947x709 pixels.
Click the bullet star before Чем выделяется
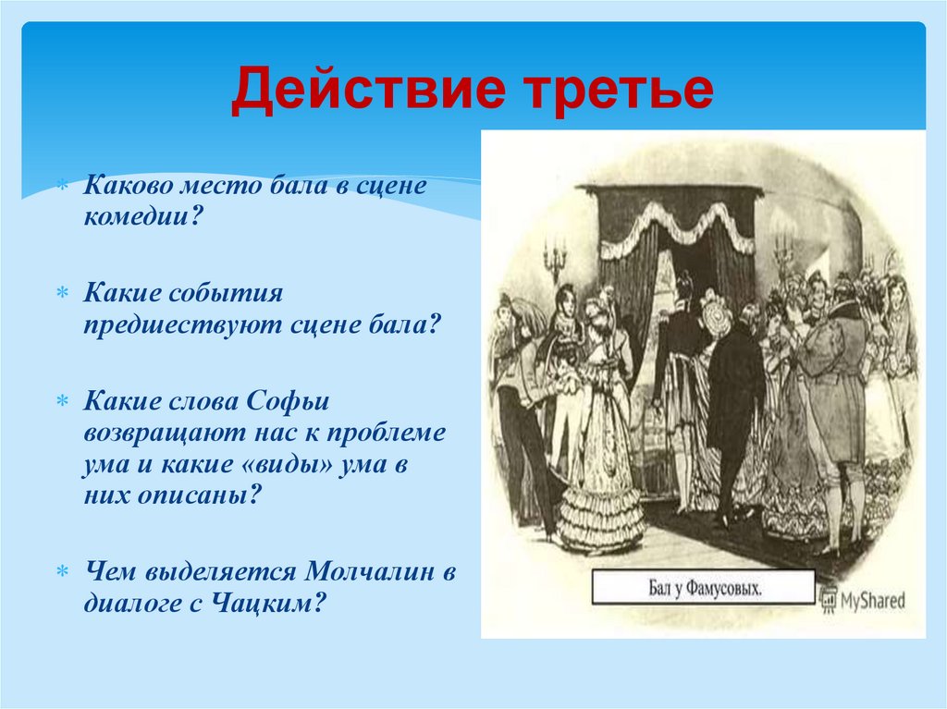(x=64, y=573)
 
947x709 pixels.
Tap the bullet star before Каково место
(x=64, y=187)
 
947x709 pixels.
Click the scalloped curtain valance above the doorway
(x=676, y=226)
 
